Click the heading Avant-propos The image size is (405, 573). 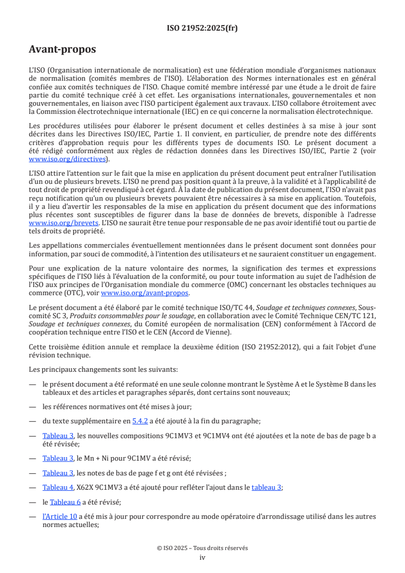(62, 50)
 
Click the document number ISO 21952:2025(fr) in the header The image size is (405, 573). (202, 28)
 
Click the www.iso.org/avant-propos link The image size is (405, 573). (145, 293)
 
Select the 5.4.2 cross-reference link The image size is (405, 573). (140, 421)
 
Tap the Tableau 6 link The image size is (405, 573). (65, 502)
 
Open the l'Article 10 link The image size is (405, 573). (59, 516)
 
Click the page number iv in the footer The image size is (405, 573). (202, 557)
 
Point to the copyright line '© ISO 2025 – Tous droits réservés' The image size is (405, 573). (202, 548)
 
